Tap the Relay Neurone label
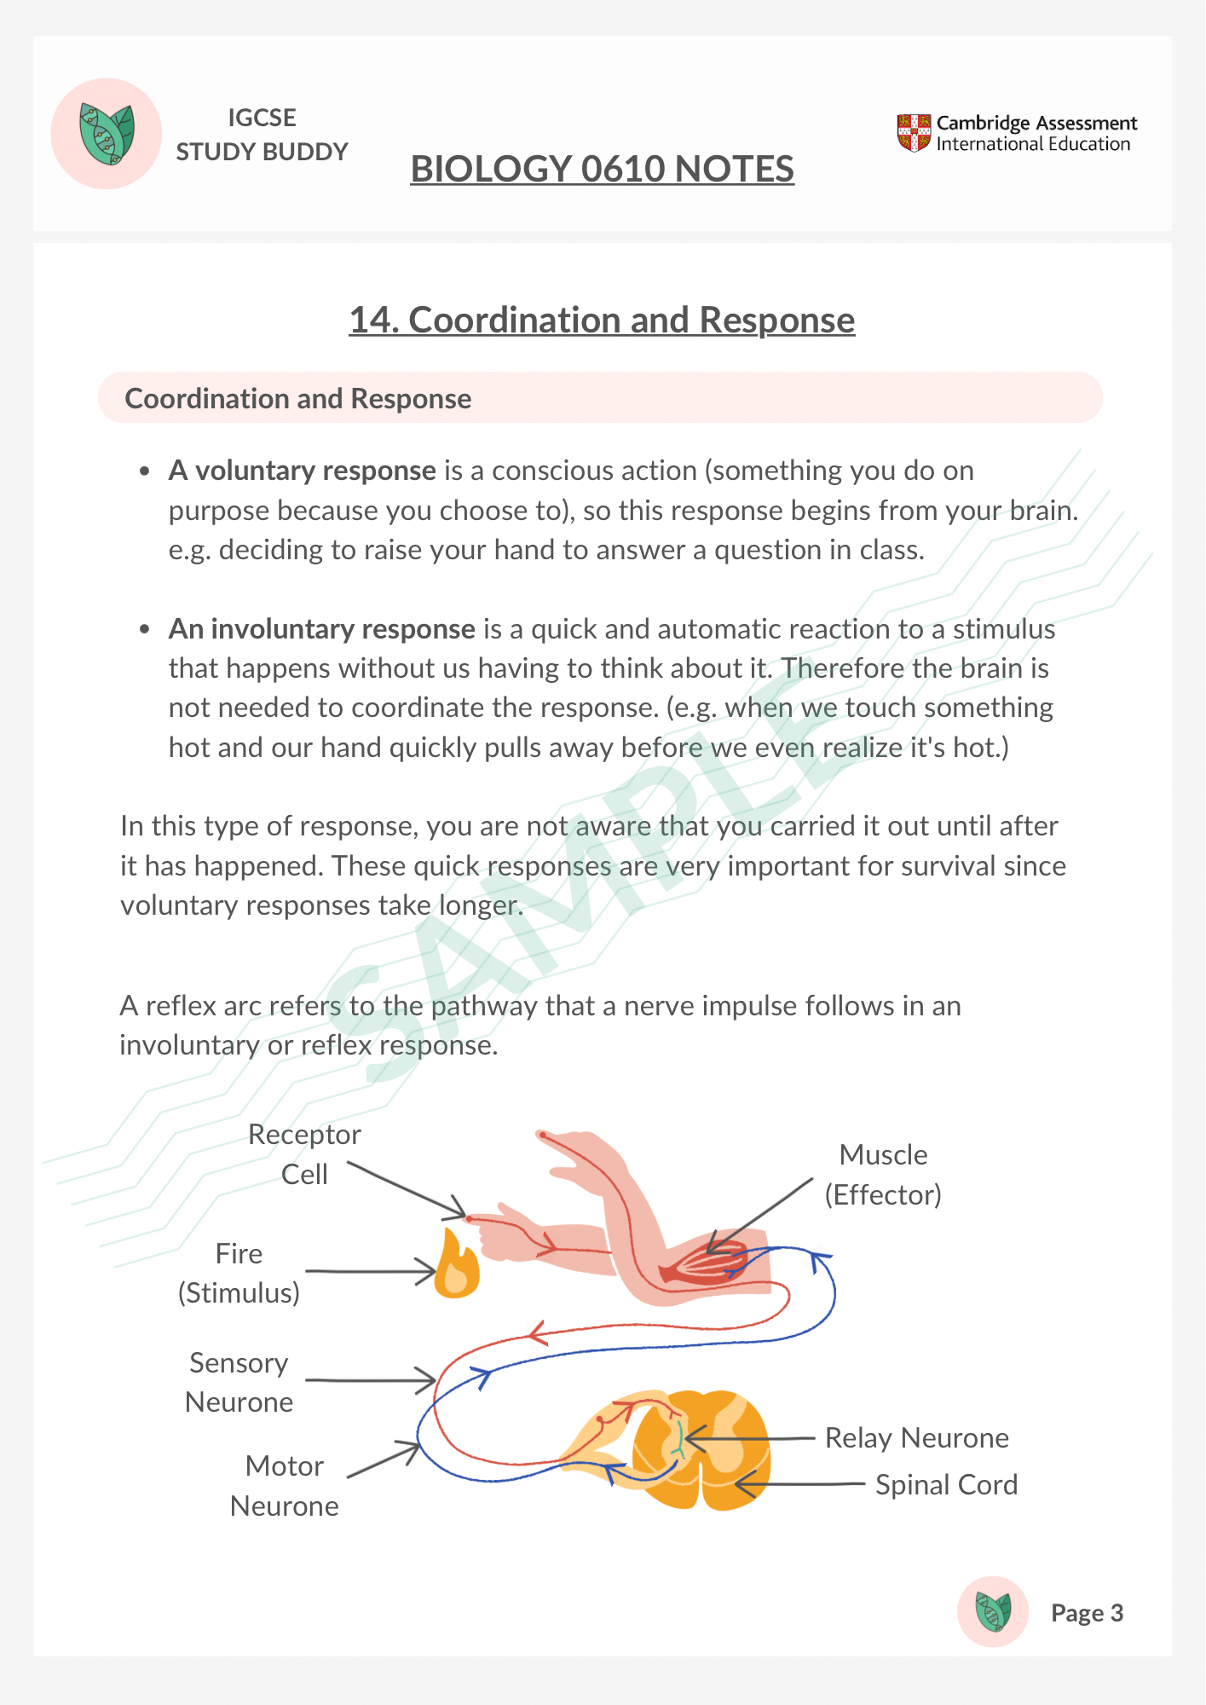coord(916,1438)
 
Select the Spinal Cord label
coord(946,1485)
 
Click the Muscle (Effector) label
coord(883,1175)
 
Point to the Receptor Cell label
coord(304,1154)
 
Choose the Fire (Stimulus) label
coord(239,1273)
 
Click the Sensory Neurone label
coord(239,1382)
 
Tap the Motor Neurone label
coord(284,1486)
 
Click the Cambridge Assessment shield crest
coord(914,133)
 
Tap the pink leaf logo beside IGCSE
coord(107,134)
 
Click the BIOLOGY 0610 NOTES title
coord(602,169)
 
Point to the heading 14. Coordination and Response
coord(602,321)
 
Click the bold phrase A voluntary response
coord(303,471)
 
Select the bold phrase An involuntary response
coord(321,629)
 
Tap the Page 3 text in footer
coord(1087,1613)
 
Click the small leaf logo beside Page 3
coord(992,1611)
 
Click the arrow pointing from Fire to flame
coord(371,1271)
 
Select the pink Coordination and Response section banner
coord(600,398)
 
